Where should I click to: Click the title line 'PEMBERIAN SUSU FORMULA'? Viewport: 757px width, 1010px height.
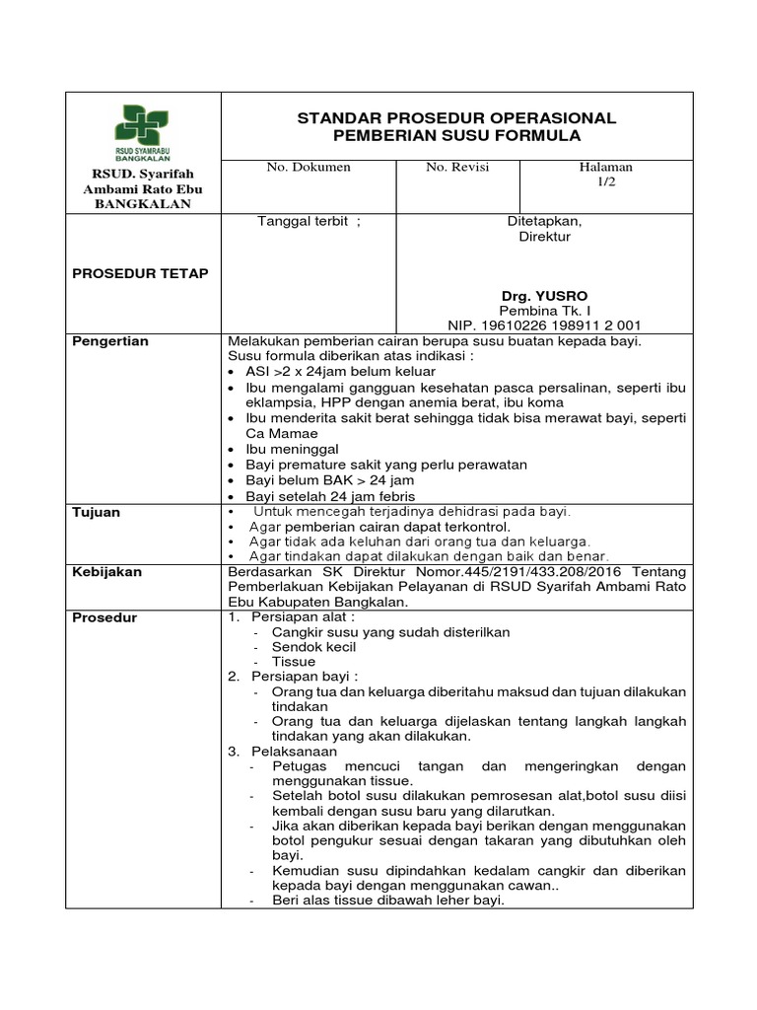456,135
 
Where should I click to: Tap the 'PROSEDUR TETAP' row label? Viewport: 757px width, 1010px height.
141,273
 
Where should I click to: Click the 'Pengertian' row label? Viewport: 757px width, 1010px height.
111,341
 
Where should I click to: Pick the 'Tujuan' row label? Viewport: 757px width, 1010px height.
97,513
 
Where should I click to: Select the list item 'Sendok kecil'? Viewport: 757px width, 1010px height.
314,647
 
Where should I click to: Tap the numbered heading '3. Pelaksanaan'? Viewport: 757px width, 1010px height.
283,751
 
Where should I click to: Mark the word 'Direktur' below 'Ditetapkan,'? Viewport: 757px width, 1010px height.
544,237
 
